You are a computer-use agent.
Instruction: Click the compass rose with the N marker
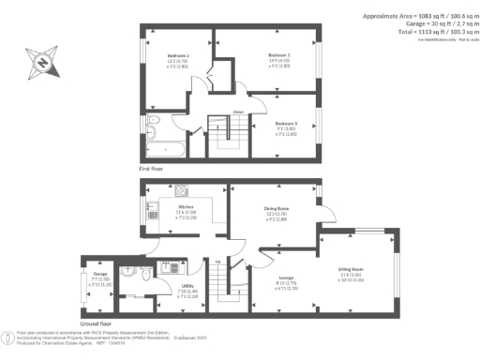[41, 64]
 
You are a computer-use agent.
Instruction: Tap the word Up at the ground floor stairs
[217, 262]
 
